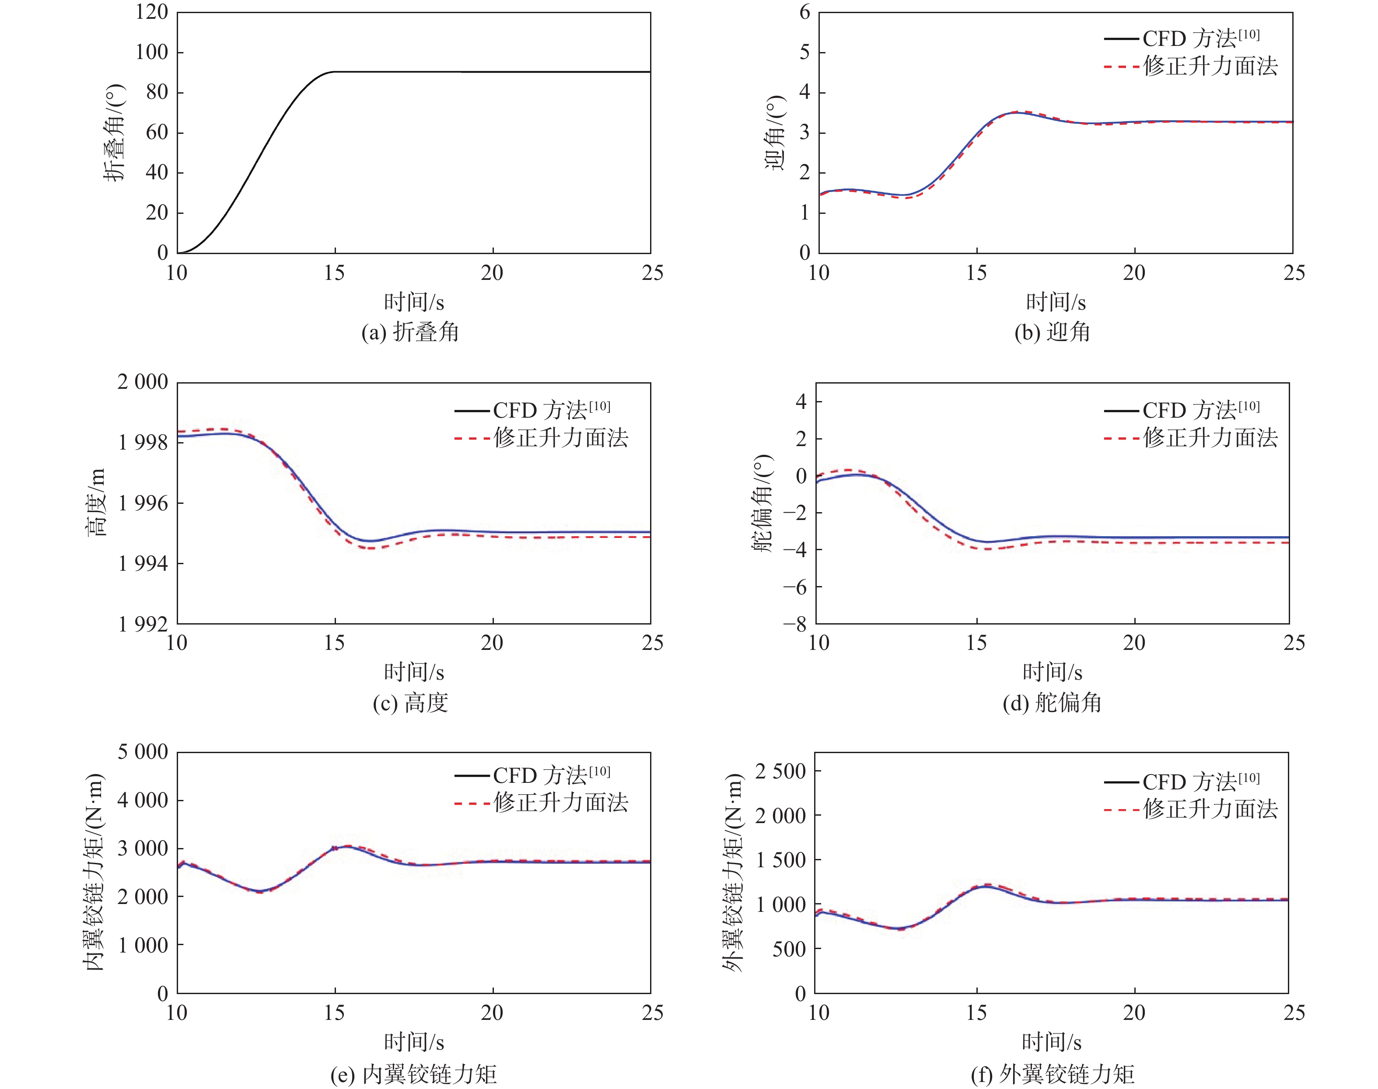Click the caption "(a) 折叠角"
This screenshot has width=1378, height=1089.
(x=410, y=332)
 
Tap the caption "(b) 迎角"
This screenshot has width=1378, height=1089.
(x=1052, y=332)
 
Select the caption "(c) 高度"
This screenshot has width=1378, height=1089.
(x=410, y=703)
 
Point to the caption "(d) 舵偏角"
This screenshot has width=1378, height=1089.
(x=1052, y=703)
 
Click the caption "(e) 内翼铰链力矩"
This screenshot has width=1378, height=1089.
(x=413, y=1074)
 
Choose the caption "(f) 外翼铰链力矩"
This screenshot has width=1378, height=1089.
(x=1052, y=1074)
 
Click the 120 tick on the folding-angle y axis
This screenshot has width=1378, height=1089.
(x=152, y=12)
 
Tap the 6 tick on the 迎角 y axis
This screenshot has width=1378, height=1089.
(x=805, y=12)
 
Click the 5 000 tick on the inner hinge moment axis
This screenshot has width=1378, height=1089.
(x=143, y=752)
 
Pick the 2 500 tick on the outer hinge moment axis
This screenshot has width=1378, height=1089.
(x=780, y=771)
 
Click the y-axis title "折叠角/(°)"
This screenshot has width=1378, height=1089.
(x=115, y=133)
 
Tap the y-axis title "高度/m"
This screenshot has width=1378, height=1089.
(x=97, y=503)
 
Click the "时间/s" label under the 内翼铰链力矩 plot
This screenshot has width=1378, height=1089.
(x=413, y=1042)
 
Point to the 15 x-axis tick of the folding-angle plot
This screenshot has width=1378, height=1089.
(x=334, y=273)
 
